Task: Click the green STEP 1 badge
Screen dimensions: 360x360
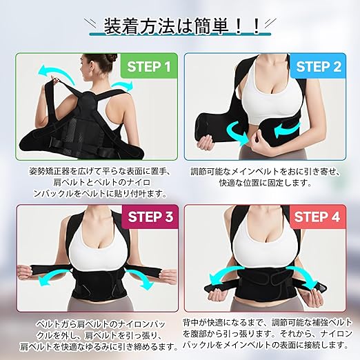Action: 149,66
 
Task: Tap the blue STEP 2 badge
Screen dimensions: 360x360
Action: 319,66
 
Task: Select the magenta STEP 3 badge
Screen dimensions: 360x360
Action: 150,217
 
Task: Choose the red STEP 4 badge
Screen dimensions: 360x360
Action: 317,217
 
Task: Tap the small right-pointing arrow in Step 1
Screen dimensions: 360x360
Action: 123,86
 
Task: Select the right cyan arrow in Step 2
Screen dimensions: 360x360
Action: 288,130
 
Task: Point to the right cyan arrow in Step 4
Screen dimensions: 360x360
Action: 302,276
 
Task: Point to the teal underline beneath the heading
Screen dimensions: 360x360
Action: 180,34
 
